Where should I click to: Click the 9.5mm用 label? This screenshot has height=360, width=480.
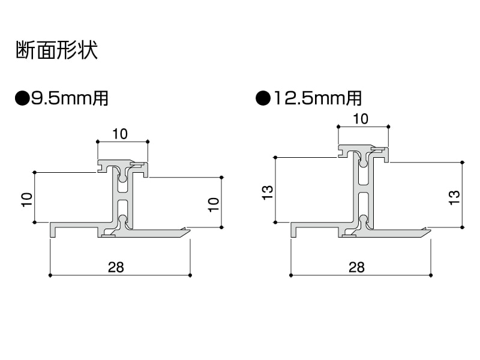pyautogui.click(x=70, y=98)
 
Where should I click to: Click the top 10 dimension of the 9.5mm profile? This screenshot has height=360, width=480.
pyautogui.click(x=120, y=134)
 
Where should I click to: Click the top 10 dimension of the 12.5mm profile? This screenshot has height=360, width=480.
pyautogui.click(x=361, y=118)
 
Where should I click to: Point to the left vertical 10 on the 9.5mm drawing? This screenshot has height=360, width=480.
pyautogui.click(x=26, y=199)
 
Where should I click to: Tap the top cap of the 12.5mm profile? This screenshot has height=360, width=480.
pyautogui.click(x=362, y=148)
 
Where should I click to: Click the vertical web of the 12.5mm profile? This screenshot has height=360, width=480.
pyautogui.click(x=362, y=192)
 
